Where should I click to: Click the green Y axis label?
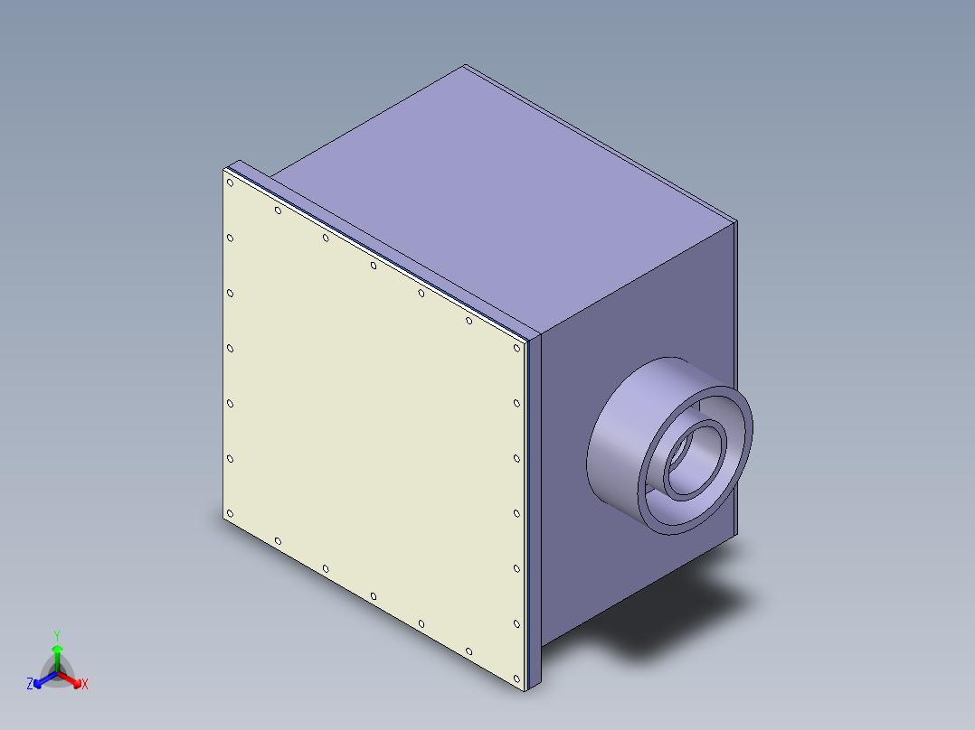(57, 635)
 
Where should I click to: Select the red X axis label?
(84, 684)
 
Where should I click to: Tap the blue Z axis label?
(30, 684)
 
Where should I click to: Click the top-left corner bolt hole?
(231, 182)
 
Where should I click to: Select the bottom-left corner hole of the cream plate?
(230, 514)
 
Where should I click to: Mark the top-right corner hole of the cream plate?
(516, 348)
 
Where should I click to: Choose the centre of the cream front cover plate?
(374, 430)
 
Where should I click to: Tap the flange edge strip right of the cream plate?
(534, 506)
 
